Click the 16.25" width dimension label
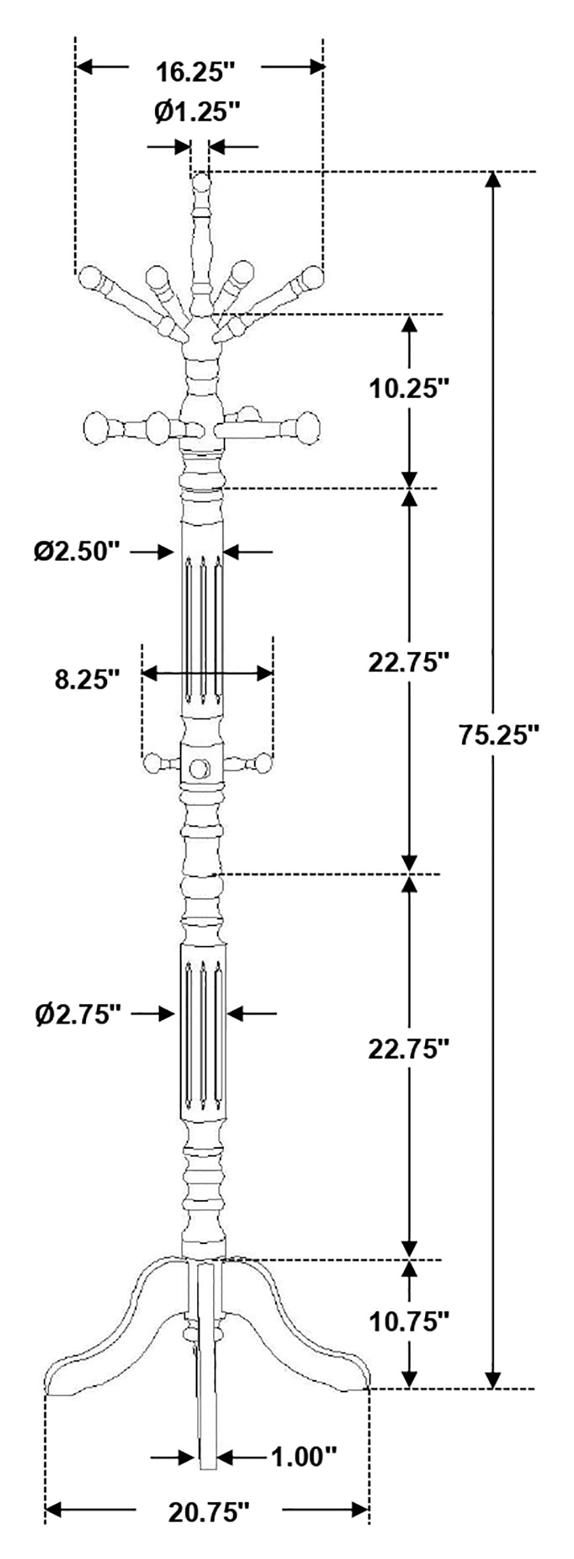pos(195,71)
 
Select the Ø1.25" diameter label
pos(197,112)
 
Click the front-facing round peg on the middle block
pos(199,769)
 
